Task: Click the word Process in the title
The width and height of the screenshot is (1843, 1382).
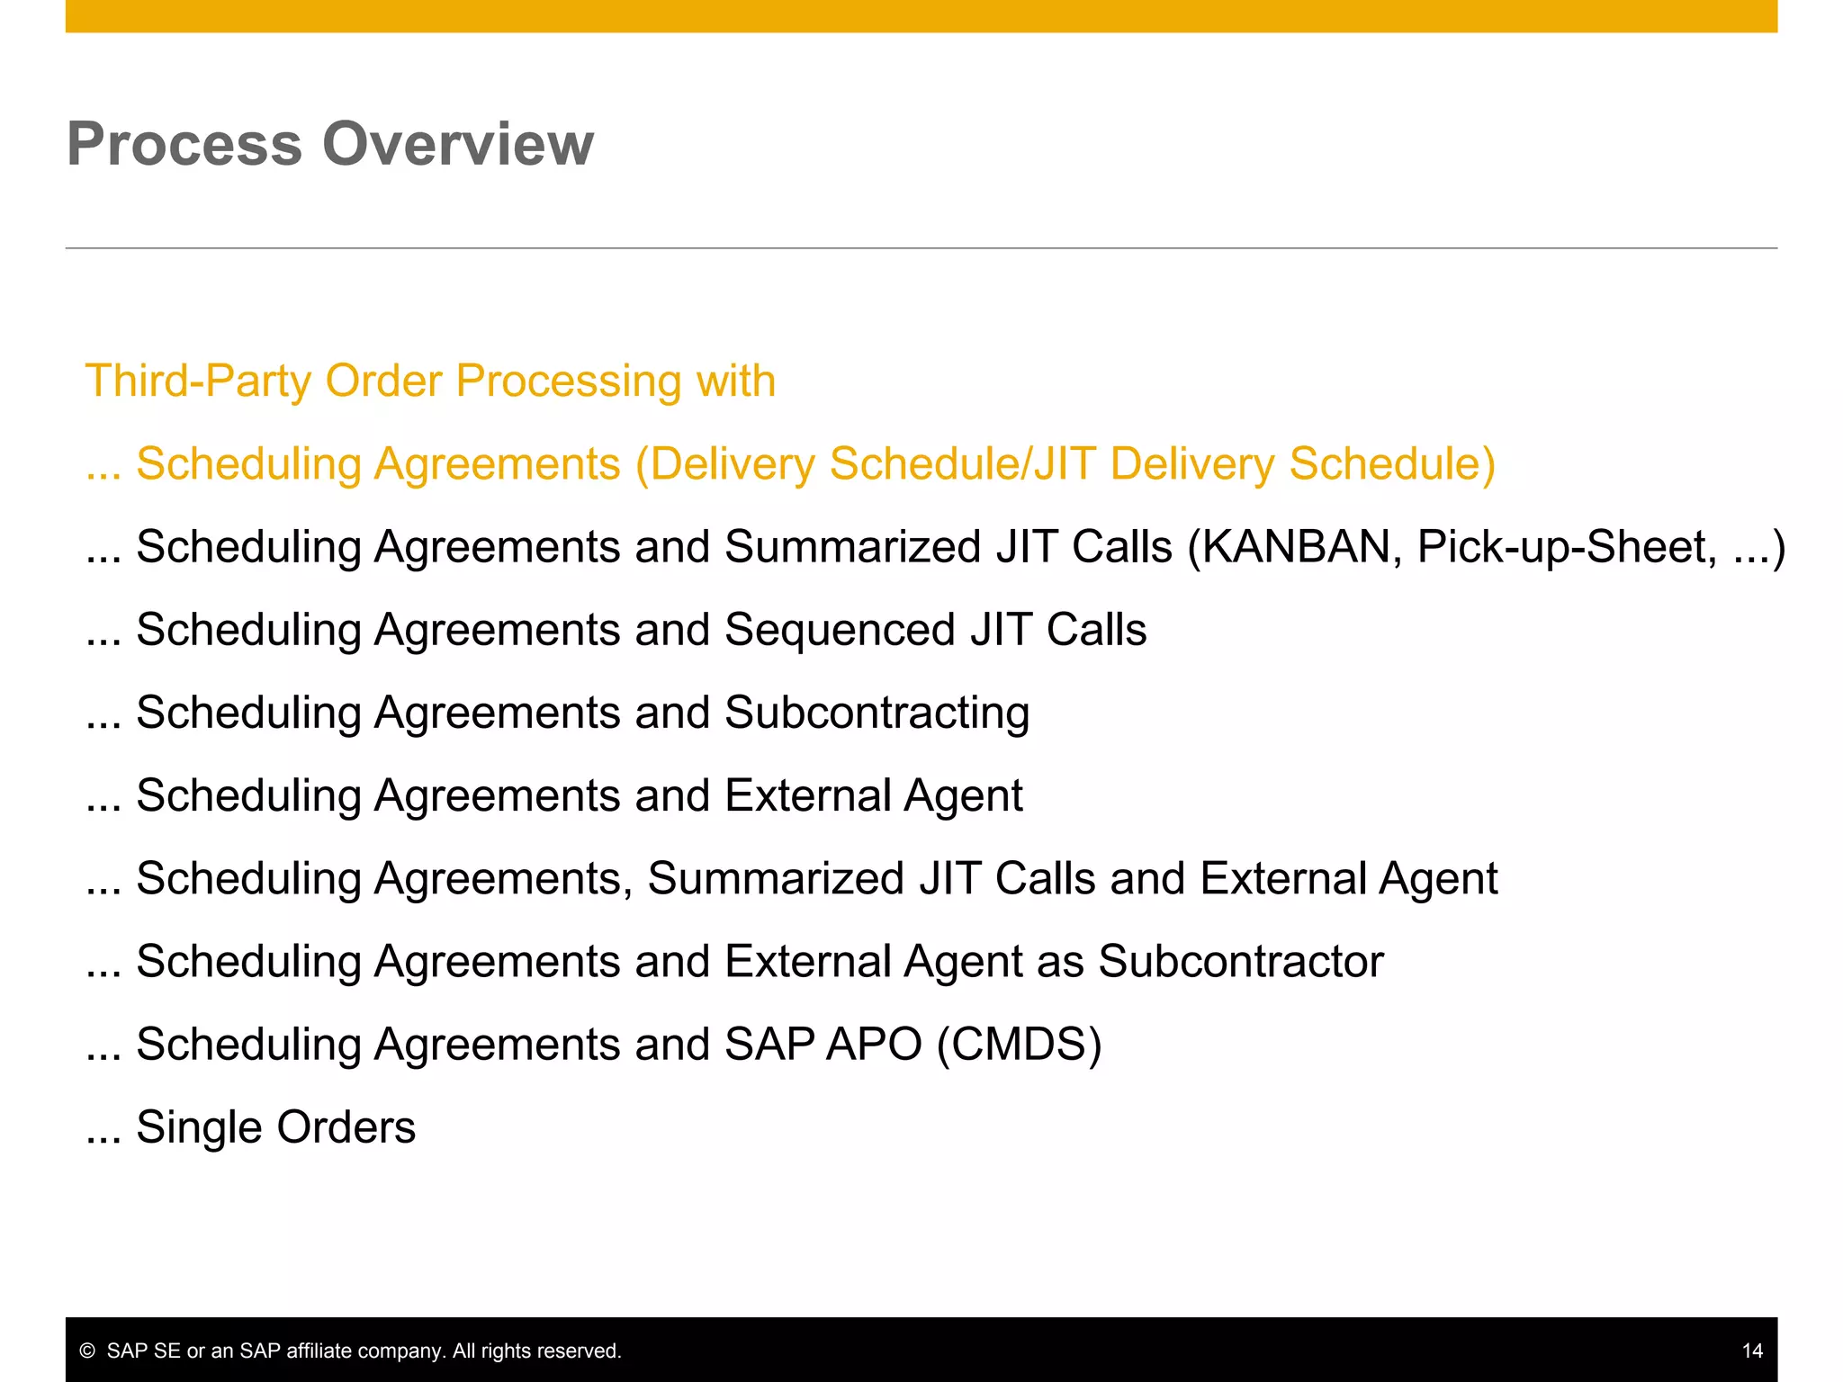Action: (x=184, y=144)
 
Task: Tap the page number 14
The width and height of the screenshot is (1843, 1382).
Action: (x=1751, y=1351)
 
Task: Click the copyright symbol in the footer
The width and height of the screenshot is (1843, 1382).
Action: (x=87, y=1351)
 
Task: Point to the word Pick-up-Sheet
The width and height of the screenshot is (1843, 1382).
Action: (x=1567, y=547)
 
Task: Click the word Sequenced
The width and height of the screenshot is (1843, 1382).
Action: (x=839, y=630)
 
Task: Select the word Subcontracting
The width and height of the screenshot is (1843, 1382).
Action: (x=877, y=713)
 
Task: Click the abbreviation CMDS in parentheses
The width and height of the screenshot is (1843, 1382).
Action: (x=1019, y=1045)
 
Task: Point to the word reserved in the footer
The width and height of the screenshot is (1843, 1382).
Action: (x=583, y=1351)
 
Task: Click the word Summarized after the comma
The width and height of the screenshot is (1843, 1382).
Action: (x=776, y=878)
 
